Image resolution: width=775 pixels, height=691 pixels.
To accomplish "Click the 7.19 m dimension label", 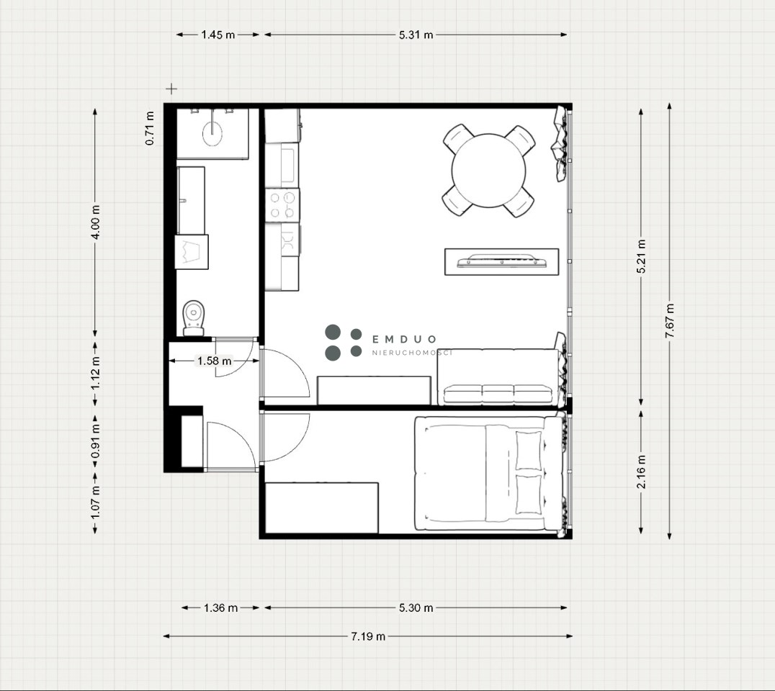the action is click(x=368, y=636).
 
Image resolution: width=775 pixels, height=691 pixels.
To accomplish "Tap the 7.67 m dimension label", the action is click(x=670, y=320).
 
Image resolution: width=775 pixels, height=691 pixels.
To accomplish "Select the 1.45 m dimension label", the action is click(x=218, y=35).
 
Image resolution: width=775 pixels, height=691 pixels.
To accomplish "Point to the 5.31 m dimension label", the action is click(x=416, y=35).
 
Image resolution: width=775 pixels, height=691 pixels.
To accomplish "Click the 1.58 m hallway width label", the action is click(x=215, y=361).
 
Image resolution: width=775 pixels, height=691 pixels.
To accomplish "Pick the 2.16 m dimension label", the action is click(x=642, y=471).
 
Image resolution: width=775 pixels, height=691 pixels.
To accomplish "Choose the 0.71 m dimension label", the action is click(x=150, y=128).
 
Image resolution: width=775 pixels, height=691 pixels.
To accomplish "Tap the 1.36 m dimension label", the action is click(x=221, y=608).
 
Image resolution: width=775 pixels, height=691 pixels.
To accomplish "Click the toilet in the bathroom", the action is click(x=194, y=318).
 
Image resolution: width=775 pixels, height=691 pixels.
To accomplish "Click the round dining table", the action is click(x=488, y=171).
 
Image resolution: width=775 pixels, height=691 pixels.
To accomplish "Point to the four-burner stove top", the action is click(x=282, y=205).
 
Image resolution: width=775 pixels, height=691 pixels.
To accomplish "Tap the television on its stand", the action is click(x=502, y=261).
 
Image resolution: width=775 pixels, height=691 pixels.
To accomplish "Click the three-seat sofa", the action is click(x=498, y=377).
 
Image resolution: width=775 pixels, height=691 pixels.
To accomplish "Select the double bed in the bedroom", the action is click(x=488, y=474).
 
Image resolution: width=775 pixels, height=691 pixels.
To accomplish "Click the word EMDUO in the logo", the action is click(x=404, y=339).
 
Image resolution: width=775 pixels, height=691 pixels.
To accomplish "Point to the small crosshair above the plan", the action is click(x=171, y=89).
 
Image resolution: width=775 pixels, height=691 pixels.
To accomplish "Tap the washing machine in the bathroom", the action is click(x=192, y=252).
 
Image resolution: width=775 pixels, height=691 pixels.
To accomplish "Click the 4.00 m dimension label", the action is click(x=95, y=222).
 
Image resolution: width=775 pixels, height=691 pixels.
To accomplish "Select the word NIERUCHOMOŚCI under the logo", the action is click(x=412, y=353).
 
